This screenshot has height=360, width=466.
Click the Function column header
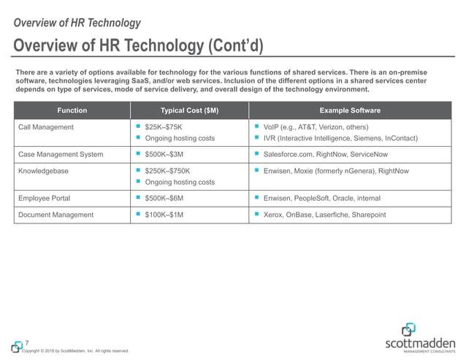(72, 110)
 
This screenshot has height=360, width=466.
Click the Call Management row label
(46, 127)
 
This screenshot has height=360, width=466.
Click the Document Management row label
(56, 215)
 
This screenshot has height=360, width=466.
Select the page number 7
(27, 343)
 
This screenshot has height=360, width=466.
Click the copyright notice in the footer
(75, 351)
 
